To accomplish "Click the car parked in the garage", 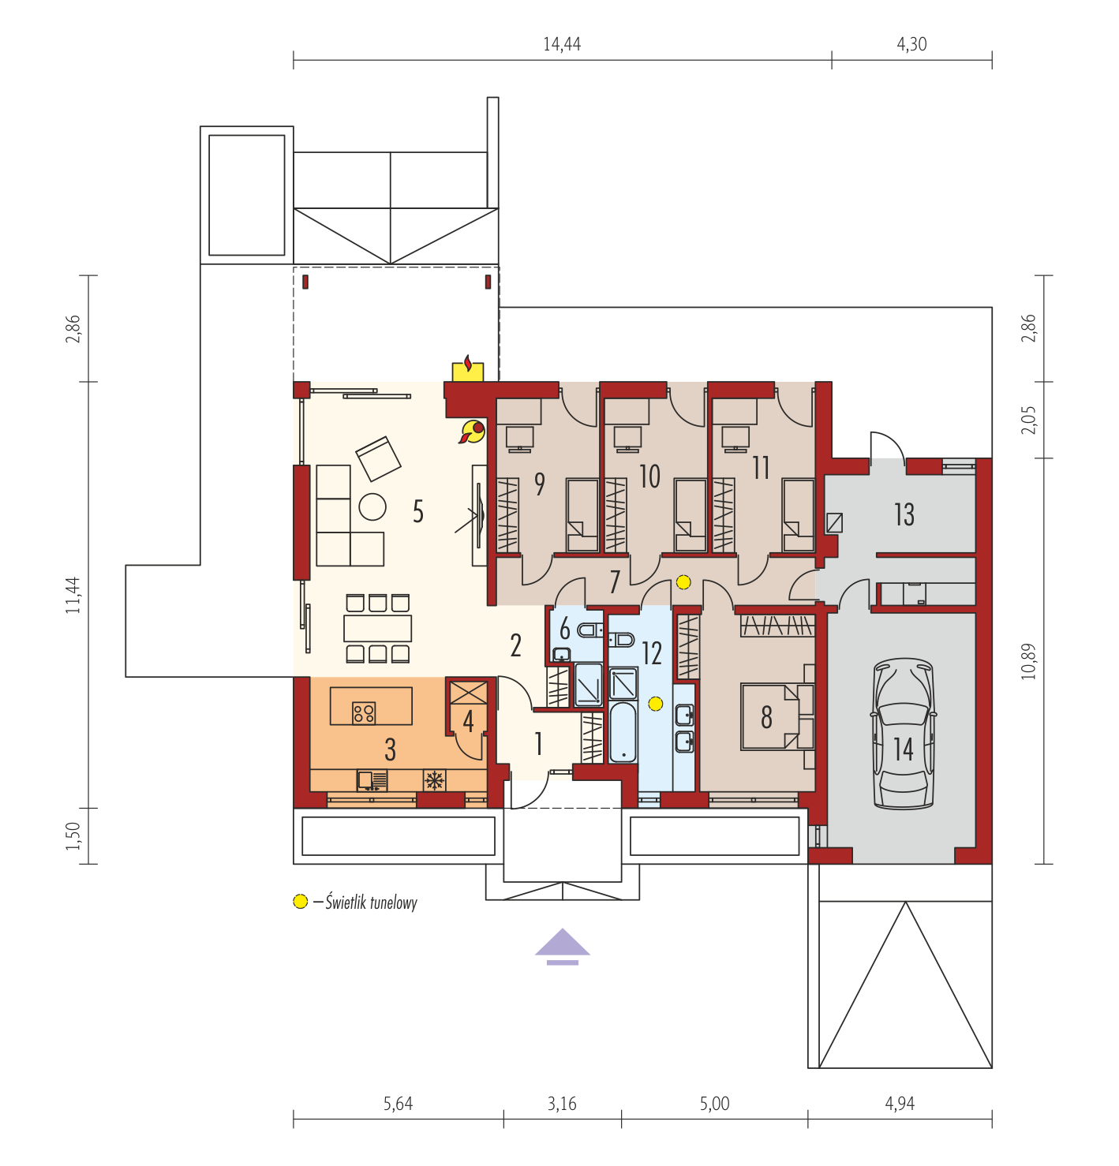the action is pos(904,733).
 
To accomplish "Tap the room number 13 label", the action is pos(904,514).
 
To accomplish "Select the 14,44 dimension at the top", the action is pos(562,44).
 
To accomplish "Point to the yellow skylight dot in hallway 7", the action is pos(683,581).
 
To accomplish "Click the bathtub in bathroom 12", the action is pos(623,733).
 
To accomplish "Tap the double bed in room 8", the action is pos(777,716).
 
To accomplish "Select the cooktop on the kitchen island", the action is pos(364,712).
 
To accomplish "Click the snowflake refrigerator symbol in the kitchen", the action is pos(434,780).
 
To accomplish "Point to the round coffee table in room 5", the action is pos(372,506).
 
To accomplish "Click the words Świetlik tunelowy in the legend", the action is pos(371,903).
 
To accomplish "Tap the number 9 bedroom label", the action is pos(540,484).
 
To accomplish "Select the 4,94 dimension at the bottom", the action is pos(900,1103).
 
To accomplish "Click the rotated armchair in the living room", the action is pos(378,458).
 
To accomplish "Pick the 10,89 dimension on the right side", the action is pos(1028,661).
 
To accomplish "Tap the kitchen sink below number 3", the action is pos(372,780).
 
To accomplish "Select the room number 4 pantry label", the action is pos(468,721).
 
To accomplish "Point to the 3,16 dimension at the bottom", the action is pos(562,1103).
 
